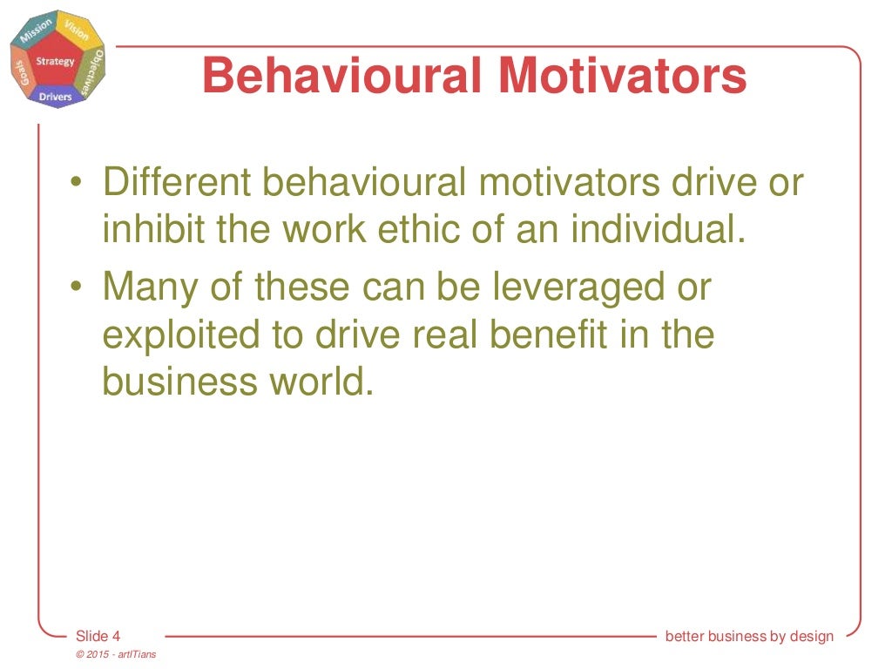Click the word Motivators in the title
(x=624, y=76)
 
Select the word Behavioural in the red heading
(x=343, y=76)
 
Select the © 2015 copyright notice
(x=116, y=654)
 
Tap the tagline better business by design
(x=749, y=636)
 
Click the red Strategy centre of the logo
(x=56, y=62)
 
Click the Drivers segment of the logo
(x=56, y=96)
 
